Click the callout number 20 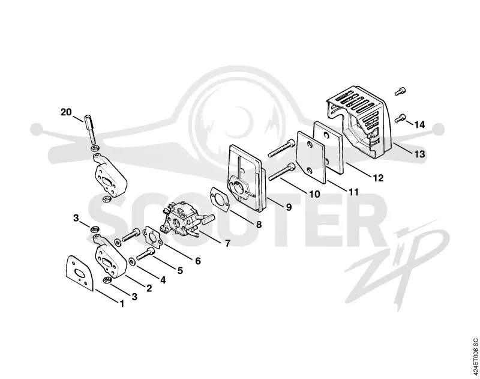(x=66, y=112)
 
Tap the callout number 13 (x=419, y=154)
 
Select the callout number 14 (x=419, y=125)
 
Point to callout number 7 (x=227, y=243)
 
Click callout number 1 (x=122, y=304)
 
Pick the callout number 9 (x=289, y=207)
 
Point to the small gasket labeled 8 (x=220, y=199)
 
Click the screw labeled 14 (x=401, y=117)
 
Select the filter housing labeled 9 (x=247, y=178)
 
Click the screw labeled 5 (x=145, y=253)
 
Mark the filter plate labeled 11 (x=311, y=157)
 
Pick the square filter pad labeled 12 (x=329, y=146)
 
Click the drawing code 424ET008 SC (x=475, y=357)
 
